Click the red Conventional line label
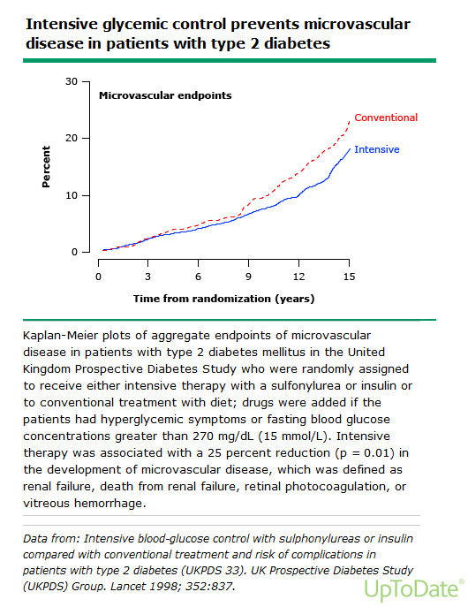(386, 118)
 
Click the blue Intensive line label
(377, 149)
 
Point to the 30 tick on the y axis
(72, 81)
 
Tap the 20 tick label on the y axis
(72, 138)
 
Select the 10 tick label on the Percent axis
(72, 195)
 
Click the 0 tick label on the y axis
(75, 252)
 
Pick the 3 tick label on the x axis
(147, 277)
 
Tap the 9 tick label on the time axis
(248, 277)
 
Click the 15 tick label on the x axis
(349, 277)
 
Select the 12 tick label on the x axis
(298, 277)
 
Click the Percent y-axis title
(46, 167)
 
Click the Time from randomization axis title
(224, 299)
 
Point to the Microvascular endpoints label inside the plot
(165, 95)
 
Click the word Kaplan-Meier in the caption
(60, 335)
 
